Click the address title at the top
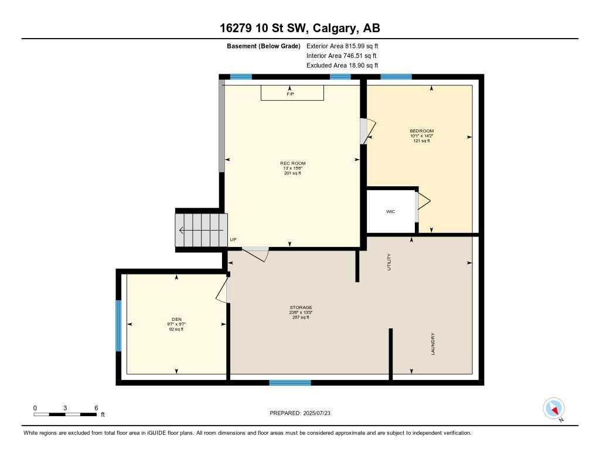click(300, 28)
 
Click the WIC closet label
click(390, 211)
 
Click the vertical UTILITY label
click(388, 262)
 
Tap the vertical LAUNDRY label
click(433, 344)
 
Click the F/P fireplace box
click(292, 92)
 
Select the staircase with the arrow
click(202, 230)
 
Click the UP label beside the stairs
click(233, 239)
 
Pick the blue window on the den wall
click(118, 325)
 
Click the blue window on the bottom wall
click(289, 383)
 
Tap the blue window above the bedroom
click(396, 77)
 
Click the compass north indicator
click(554, 408)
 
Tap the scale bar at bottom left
click(65, 414)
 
